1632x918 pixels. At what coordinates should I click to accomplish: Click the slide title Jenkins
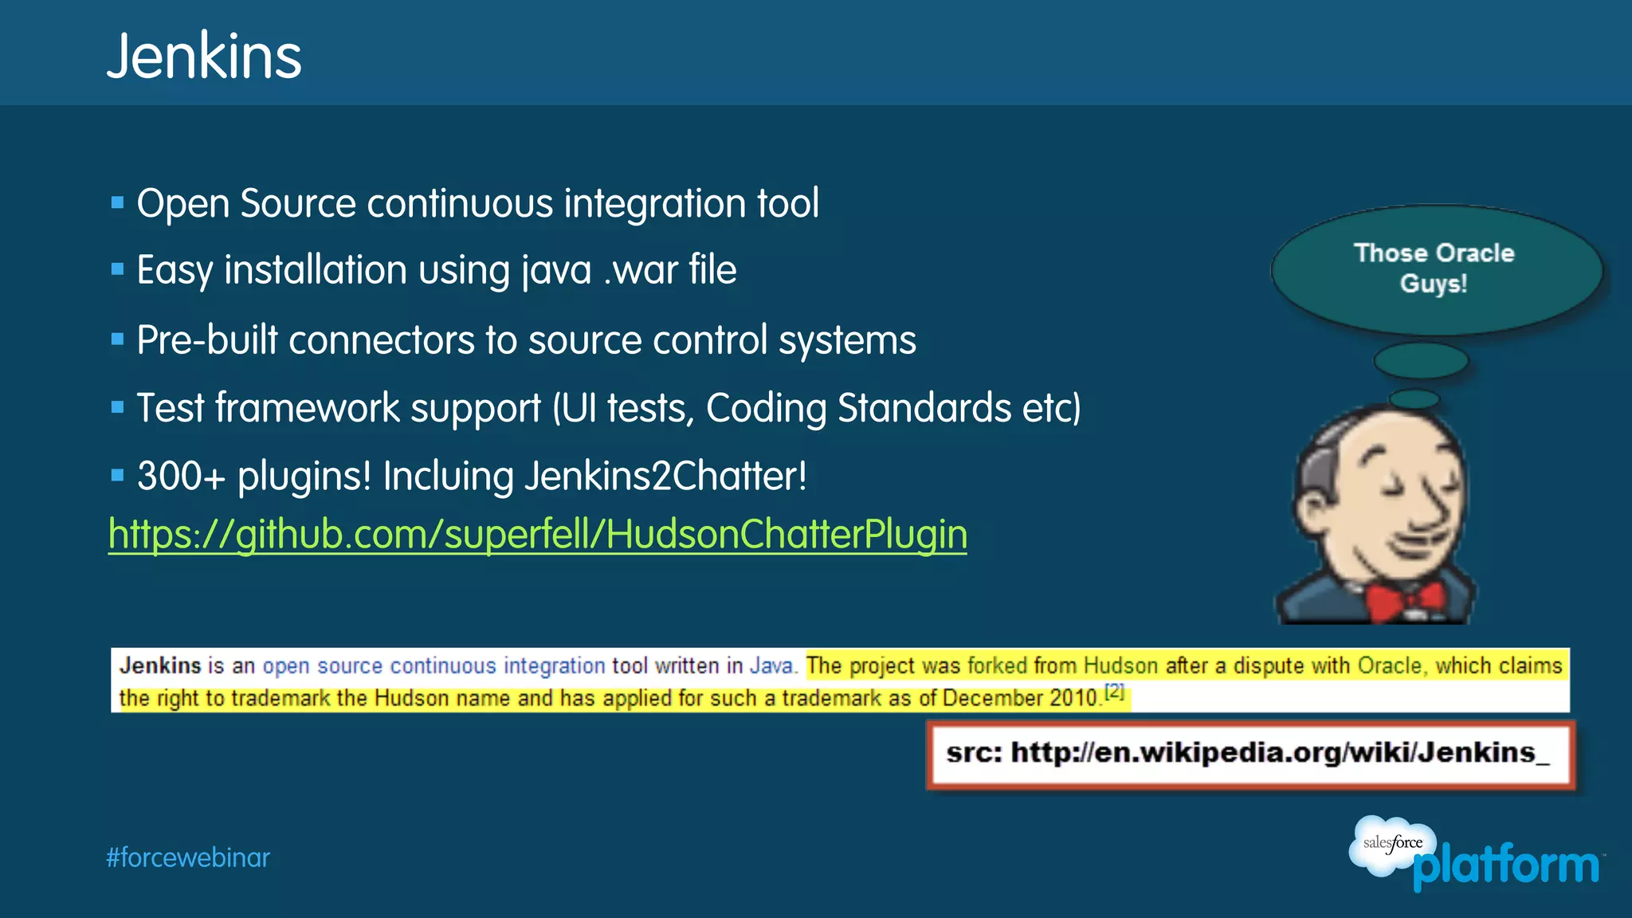pos(204,57)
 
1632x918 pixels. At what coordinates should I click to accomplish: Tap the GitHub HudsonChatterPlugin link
pos(538,534)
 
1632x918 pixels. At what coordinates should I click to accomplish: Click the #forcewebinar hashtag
pos(188,857)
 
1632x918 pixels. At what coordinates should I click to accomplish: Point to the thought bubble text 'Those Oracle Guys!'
pos(1434,268)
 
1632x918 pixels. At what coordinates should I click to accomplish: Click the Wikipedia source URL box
pos(1249,753)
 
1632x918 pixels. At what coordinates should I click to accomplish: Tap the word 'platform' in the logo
pos(1506,866)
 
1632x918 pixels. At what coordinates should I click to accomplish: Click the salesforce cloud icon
pos(1391,845)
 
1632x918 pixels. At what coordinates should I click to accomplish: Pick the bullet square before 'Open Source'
pos(118,202)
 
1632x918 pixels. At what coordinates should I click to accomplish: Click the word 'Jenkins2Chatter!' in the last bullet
pos(665,477)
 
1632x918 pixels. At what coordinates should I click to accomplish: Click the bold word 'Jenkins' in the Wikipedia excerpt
pos(160,665)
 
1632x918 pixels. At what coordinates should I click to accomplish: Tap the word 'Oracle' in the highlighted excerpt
pos(1390,665)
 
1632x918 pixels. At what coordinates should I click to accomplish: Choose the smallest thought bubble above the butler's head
pos(1414,398)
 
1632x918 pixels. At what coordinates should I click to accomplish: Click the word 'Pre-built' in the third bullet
pos(206,340)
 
